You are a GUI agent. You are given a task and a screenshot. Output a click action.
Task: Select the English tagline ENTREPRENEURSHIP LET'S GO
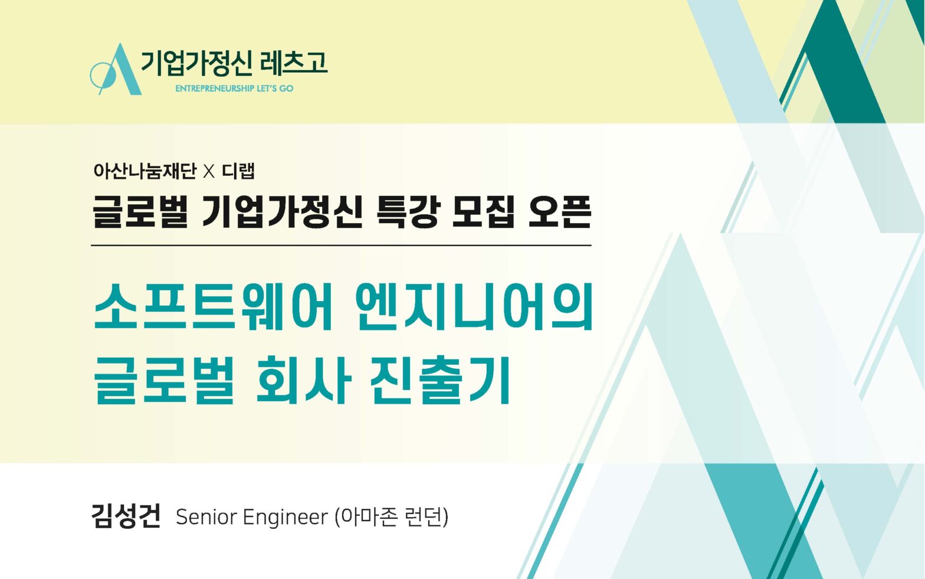click(234, 89)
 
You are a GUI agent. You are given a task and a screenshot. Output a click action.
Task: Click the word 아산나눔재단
click(145, 171)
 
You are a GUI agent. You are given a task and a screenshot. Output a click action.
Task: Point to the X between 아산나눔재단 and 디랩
click(209, 172)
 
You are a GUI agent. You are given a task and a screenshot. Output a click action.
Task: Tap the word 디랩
click(238, 171)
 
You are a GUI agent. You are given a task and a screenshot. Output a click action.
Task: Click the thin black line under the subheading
click(341, 246)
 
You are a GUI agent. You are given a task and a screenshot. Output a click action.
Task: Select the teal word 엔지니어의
click(474, 306)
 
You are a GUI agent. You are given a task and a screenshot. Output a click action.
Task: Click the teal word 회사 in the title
click(304, 380)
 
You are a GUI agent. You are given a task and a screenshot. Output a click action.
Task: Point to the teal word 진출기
click(440, 380)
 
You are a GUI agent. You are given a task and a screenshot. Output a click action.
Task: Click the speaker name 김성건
click(126, 516)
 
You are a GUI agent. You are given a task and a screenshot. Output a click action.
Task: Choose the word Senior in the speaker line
click(206, 517)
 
